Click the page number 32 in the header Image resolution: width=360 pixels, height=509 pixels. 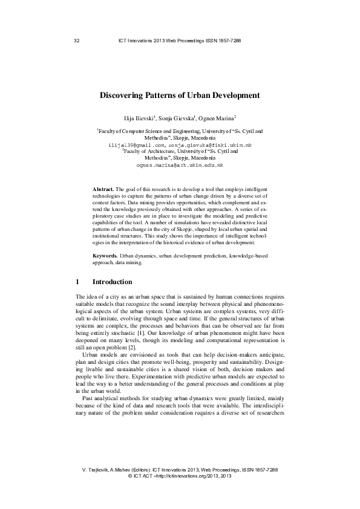click(x=76, y=41)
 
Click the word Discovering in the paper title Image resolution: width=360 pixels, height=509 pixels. click(x=126, y=95)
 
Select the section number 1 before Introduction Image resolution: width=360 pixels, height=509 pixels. click(x=77, y=282)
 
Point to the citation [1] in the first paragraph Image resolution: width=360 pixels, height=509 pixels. click(x=176, y=332)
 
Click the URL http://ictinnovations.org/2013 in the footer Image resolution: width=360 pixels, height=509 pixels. click(x=187, y=476)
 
